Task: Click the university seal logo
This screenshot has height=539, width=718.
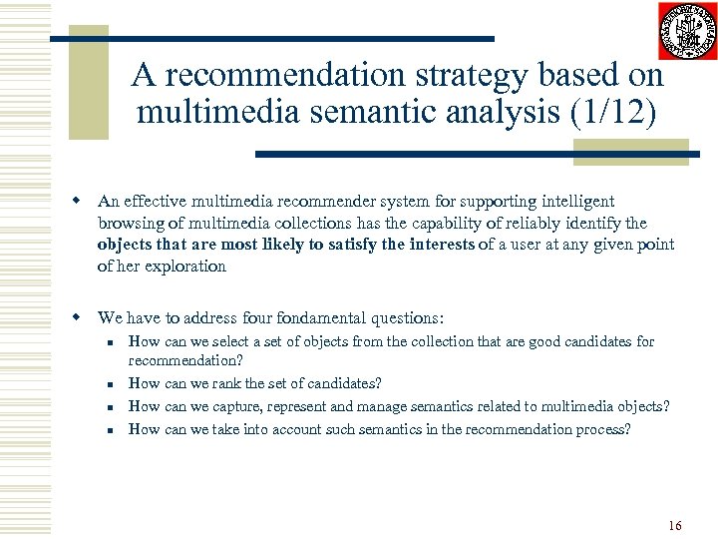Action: point(687,32)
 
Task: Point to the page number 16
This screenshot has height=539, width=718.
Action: point(675,524)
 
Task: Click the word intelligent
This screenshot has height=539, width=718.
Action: point(578,202)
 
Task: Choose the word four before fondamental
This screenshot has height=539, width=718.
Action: point(260,318)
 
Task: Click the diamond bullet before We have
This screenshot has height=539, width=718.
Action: point(76,318)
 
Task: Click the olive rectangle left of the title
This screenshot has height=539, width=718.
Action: point(88,85)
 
